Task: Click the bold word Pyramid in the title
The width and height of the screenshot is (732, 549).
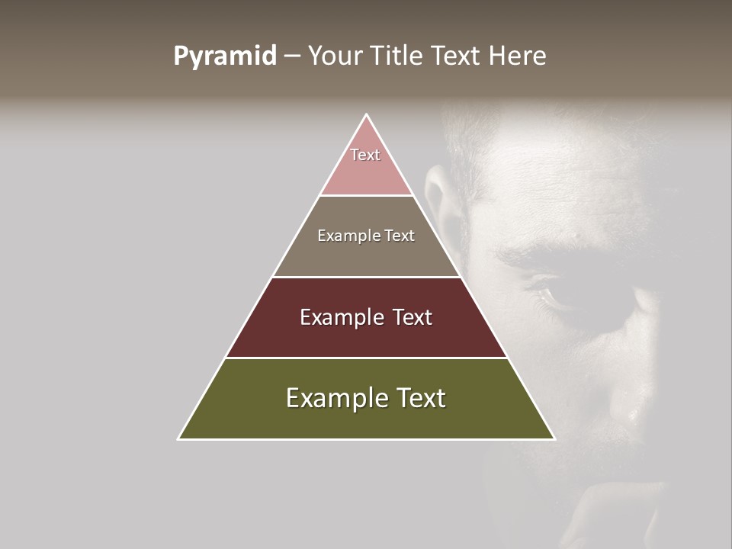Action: click(x=225, y=56)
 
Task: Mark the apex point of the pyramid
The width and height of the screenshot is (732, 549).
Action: click(x=367, y=115)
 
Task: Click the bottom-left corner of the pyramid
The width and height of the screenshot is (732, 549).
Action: click(x=179, y=438)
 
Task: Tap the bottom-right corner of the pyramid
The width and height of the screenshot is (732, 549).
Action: click(x=554, y=438)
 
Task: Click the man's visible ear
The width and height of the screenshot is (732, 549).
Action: click(x=436, y=195)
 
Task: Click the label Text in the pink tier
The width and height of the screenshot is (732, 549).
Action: click(x=365, y=155)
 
